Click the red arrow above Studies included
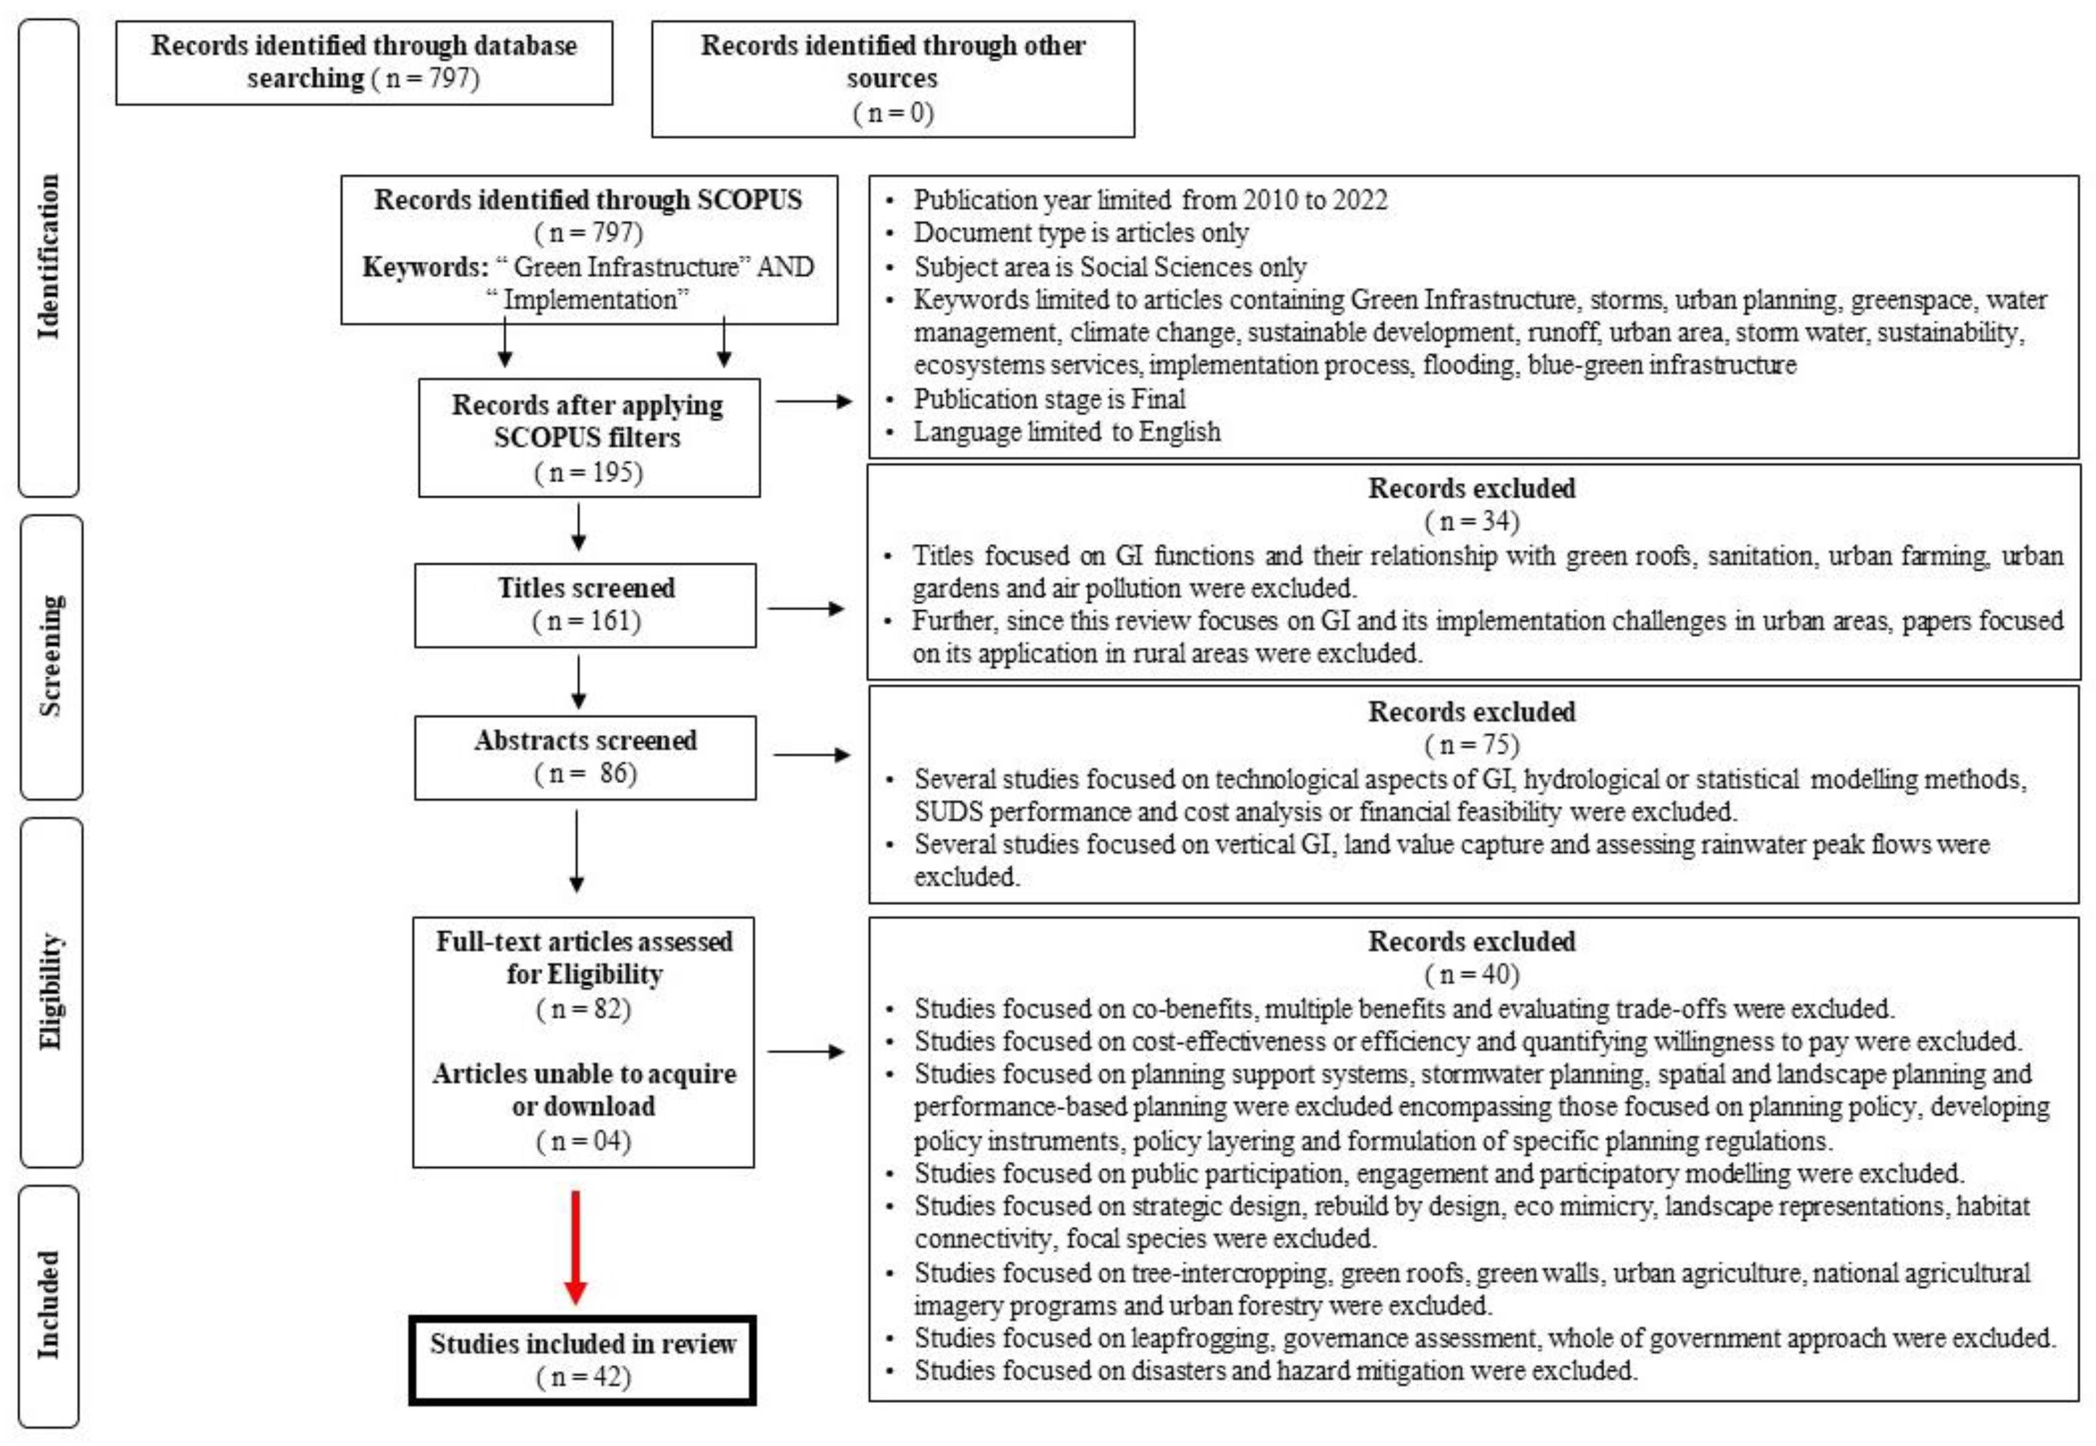(575, 1247)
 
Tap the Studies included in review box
(583, 1359)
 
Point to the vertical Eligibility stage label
(50, 991)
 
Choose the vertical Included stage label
(49, 1304)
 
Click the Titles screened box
(585, 604)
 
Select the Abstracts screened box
(585, 756)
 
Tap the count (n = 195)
(589, 472)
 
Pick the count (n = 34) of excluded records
(1472, 521)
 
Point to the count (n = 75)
(1472, 745)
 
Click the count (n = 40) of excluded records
(1472, 974)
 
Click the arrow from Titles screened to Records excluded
(805, 608)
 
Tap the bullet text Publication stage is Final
(1048, 399)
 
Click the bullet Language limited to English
(1066, 431)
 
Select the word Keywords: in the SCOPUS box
(425, 266)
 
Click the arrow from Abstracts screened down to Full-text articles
(576, 852)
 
